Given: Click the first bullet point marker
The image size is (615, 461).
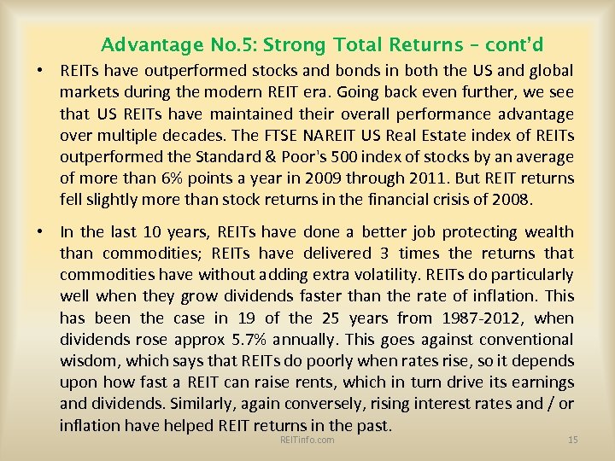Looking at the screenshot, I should pyautogui.click(x=40, y=72).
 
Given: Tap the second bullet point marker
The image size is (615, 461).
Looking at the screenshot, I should pyautogui.click(x=40, y=232).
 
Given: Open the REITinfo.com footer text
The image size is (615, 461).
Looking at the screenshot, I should pyautogui.click(x=307, y=440).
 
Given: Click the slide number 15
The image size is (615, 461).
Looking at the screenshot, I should pyautogui.click(x=573, y=440).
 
